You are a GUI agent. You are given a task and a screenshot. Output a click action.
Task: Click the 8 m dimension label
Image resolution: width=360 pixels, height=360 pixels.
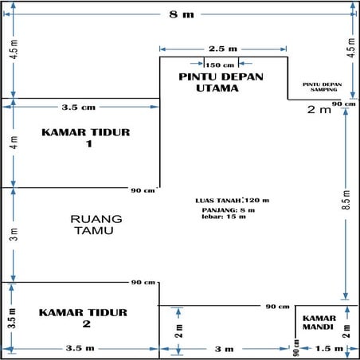(180, 15)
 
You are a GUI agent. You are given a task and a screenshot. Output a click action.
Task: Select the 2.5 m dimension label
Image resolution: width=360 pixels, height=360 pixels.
(224, 48)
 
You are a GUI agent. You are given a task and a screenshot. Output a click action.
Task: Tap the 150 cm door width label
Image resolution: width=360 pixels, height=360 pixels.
(220, 65)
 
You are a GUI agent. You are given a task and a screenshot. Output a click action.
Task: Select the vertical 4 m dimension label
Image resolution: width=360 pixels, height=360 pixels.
(12, 144)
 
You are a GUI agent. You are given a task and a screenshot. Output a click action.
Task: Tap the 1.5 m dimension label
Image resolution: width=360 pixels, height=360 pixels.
(328, 349)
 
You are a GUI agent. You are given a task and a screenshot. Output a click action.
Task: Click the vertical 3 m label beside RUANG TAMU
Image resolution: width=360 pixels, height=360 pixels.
(12, 234)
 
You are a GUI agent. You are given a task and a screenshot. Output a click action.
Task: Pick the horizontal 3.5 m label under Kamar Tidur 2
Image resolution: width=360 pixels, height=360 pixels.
(80, 349)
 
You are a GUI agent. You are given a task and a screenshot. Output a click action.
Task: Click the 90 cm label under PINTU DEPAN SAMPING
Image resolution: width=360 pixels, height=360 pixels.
(343, 104)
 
